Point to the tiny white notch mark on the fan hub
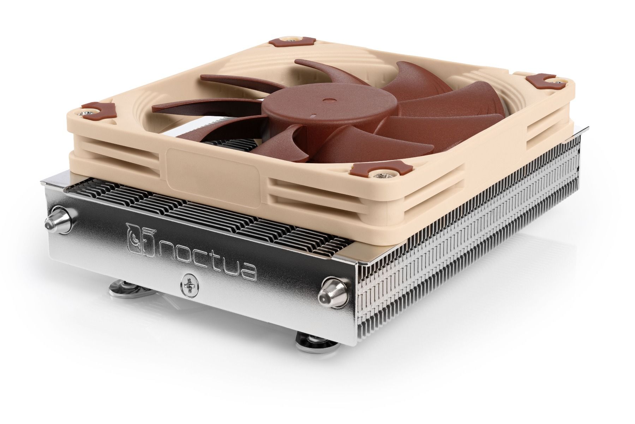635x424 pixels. [x=312, y=115]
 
